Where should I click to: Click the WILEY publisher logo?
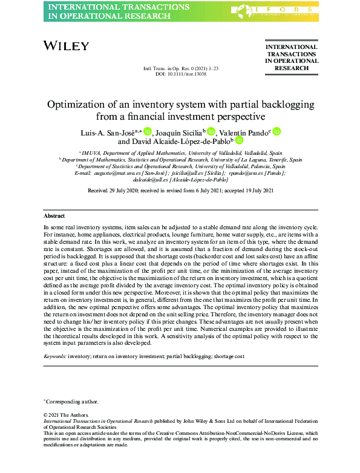coord(67,46)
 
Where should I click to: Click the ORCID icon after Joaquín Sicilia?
coord(211,131)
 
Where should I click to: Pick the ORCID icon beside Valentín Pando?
coord(277,131)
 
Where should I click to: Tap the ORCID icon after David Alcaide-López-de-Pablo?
coord(238,142)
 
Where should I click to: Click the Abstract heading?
coord(54,216)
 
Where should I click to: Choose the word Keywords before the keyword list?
coord(56,357)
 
